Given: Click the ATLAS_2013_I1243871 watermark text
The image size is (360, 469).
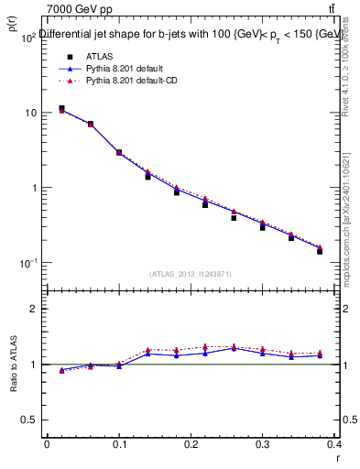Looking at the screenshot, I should pyautogui.click(x=191, y=274).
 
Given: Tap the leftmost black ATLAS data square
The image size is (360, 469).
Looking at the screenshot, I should pyautogui.click(x=61, y=109).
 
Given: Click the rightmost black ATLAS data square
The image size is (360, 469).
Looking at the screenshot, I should pyautogui.click(x=320, y=250).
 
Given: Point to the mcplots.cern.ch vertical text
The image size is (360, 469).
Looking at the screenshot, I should pyautogui.click(x=352, y=220).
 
